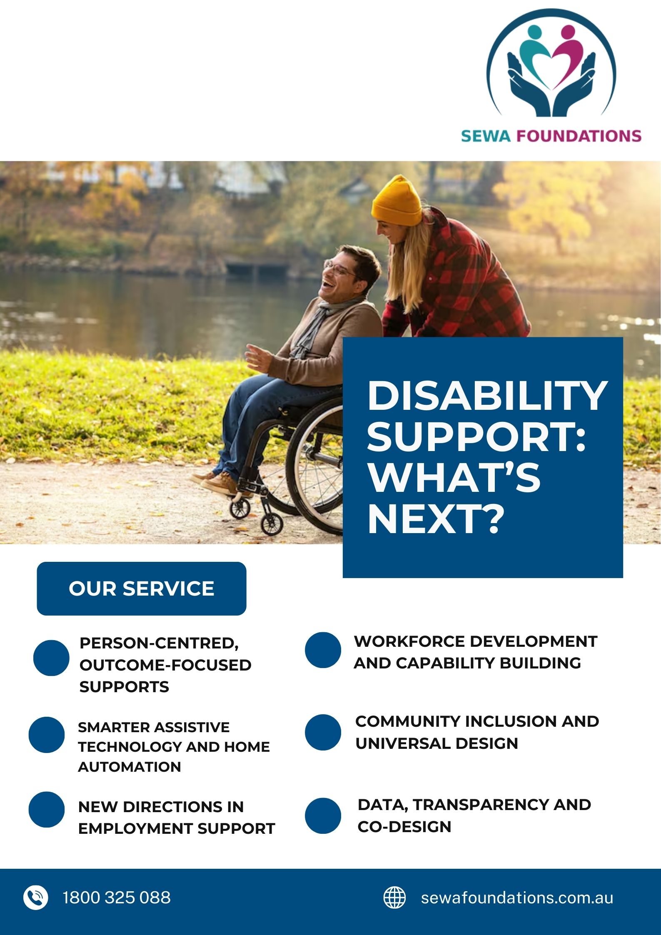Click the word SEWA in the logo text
click(486, 136)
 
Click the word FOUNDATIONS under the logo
click(579, 136)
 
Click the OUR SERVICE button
click(142, 588)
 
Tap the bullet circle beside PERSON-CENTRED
click(51, 658)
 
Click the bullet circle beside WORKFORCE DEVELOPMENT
click(323, 650)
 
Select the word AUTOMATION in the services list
click(130, 767)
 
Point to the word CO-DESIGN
click(404, 827)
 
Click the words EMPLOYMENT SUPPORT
click(177, 829)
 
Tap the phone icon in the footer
click(36, 898)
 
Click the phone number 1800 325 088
click(117, 898)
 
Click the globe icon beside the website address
click(394, 898)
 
